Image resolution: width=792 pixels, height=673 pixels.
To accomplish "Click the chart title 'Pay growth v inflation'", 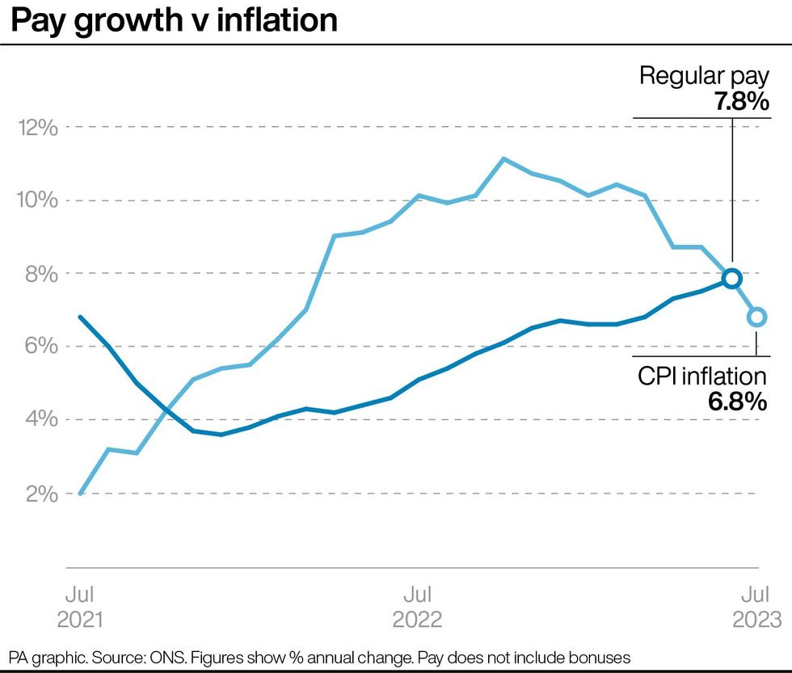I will pos(174,20).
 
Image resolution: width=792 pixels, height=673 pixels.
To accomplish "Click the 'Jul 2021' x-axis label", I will pos(80,608).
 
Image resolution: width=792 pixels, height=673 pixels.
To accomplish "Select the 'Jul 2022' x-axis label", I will pos(417,608).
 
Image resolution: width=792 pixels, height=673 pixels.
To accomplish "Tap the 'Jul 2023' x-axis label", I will pos(756,608).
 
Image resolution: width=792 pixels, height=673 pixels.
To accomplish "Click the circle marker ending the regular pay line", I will pos(731,278).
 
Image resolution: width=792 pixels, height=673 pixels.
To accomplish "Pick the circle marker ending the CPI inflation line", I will pos(756,317).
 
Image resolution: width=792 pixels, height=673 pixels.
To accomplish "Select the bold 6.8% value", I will pos(736,402).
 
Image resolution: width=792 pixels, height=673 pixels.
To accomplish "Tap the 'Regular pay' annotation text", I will pos(703,77).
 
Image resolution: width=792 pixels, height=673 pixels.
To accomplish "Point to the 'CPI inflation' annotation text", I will pos(701,376).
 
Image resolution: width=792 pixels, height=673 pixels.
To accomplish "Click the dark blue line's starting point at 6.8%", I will pos(80,317).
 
